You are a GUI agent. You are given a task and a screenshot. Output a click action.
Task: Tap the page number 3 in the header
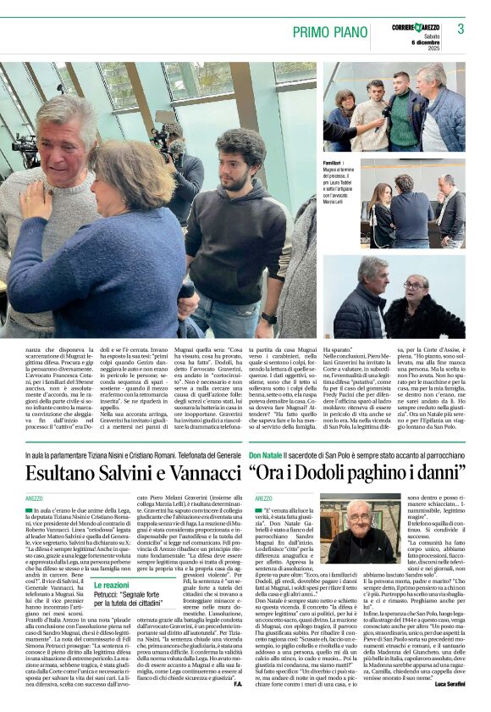(x=460, y=29)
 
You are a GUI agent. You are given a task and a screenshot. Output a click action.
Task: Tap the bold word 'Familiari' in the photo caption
(x=333, y=162)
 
